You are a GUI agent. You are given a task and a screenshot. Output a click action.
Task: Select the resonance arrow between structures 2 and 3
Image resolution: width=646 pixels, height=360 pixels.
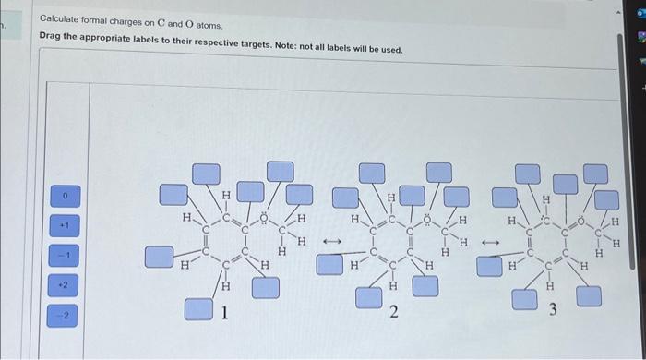click(x=490, y=243)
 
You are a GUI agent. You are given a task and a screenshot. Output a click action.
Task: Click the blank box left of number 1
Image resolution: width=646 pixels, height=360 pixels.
click(x=197, y=308)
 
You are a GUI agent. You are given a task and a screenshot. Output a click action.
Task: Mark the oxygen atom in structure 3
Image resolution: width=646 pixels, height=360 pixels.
click(x=583, y=219)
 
